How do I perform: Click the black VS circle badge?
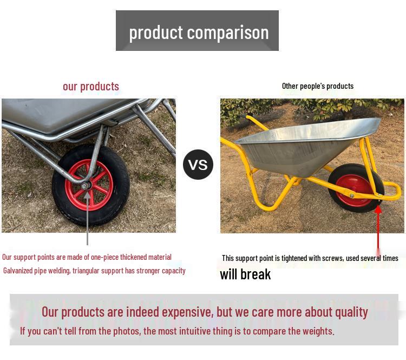click(x=198, y=165)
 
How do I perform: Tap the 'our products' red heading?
click(x=91, y=87)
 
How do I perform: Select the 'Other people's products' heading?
click(x=318, y=86)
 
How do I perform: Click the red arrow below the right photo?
click(x=378, y=227)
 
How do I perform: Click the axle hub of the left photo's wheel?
click(x=86, y=186)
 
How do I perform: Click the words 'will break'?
click(x=245, y=274)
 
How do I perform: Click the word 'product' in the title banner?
click(x=148, y=32)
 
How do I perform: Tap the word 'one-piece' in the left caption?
click(x=103, y=257)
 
